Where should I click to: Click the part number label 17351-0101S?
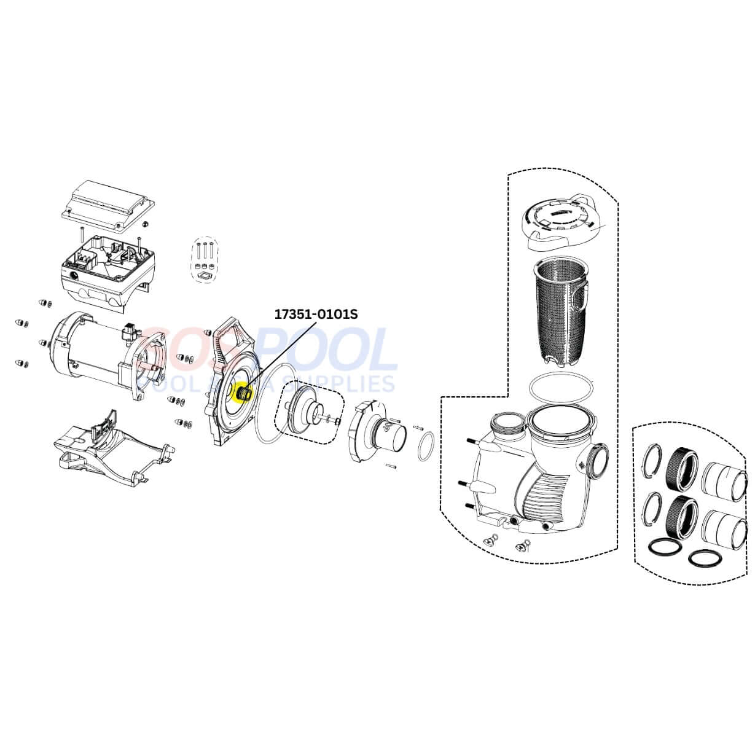(x=315, y=314)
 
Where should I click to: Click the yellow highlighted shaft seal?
(x=241, y=391)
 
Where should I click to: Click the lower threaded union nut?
(x=683, y=515)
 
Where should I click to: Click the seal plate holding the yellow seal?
(x=227, y=381)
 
